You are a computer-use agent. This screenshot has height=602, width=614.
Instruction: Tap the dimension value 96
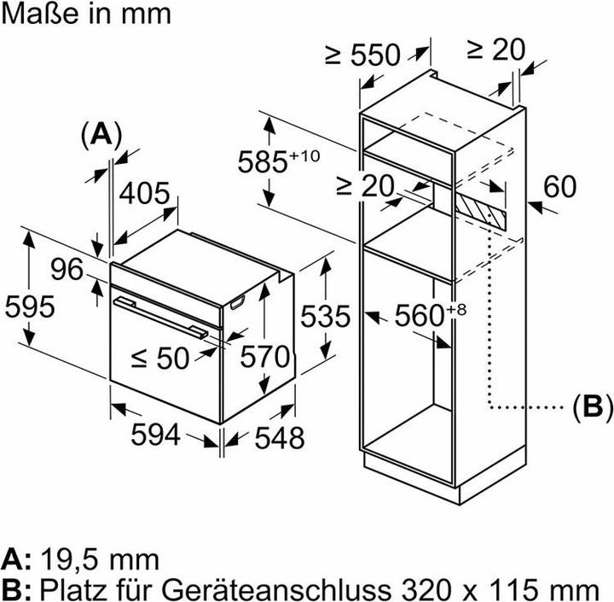pyautogui.click(x=67, y=270)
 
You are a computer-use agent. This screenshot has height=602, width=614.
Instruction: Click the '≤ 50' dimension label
pyautogui.click(x=159, y=358)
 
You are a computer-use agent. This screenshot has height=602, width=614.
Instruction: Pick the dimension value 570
pyautogui.click(x=264, y=356)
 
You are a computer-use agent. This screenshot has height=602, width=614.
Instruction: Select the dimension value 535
pyautogui.click(x=325, y=316)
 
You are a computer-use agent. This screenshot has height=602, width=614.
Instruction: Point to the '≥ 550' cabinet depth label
pyautogui.click(x=362, y=55)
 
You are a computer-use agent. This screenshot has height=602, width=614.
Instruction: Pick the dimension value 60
pyautogui.click(x=559, y=187)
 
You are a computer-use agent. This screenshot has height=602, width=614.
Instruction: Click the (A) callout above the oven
pyautogui.click(x=101, y=134)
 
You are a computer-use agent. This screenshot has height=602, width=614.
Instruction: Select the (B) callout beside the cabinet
pyautogui.click(x=591, y=406)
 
